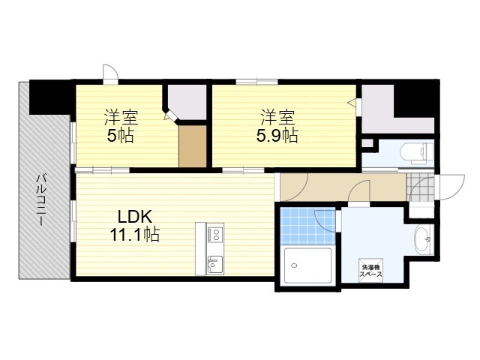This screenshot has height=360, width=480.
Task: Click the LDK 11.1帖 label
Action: (x=135, y=226)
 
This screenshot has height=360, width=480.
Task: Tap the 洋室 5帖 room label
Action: (x=121, y=125)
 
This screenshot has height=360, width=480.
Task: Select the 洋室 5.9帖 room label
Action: (x=277, y=125)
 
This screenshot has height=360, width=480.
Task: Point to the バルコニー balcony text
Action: (x=41, y=199)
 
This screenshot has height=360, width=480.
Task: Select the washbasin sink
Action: (x=423, y=239)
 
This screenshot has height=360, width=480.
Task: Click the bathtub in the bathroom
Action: (x=307, y=265)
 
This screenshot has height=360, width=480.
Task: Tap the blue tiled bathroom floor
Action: (x=308, y=226)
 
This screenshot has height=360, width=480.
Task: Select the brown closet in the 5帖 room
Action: (x=193, y=146)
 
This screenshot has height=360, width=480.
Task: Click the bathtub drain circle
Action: (x=294, y=265)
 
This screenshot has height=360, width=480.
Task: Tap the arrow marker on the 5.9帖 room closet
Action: (x=352, y=102)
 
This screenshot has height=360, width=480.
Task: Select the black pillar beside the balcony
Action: (x=50, y=97)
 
